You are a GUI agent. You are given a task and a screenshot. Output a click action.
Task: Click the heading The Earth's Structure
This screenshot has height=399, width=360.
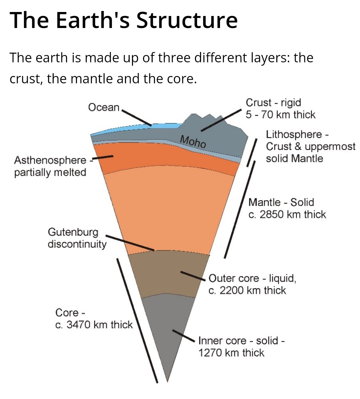tap(124, 20)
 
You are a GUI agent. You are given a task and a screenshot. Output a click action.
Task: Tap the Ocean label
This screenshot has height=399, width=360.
tap(104, 107)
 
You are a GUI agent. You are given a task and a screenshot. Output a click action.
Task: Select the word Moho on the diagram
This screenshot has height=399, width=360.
tap(193, 142)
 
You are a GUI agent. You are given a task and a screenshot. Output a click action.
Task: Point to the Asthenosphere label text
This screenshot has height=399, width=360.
tap(50, 160)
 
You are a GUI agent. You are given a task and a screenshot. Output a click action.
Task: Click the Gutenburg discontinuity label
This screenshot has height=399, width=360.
tap(77, 238)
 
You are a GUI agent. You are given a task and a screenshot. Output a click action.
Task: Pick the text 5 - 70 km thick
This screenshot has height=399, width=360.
tap(280, 115)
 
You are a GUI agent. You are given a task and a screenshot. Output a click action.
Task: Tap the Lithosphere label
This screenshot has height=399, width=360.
tap(294, 134)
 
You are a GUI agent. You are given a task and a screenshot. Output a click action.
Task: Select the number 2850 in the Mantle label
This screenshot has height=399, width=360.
tap(271, 214)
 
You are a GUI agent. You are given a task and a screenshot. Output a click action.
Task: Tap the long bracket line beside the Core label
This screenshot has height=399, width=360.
tap(137, 320)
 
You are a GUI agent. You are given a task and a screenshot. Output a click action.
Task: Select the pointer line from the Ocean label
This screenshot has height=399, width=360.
tap(137, 117)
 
